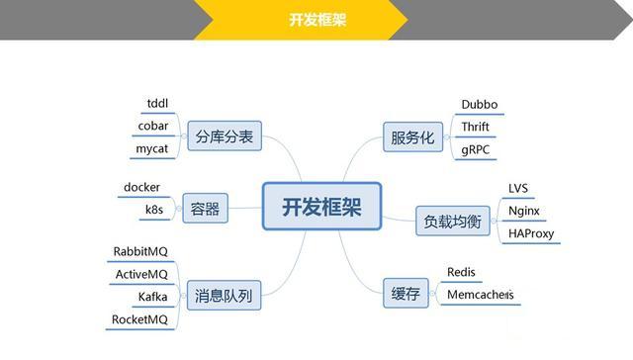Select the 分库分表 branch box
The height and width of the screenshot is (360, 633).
click(224, 137)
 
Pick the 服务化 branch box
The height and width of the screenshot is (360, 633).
click(411, 137)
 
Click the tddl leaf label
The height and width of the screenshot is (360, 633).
click(157, 104)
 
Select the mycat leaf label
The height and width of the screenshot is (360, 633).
click(155, 149)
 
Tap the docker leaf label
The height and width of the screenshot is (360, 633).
click(141, 187)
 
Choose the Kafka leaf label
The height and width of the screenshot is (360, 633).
click(153, 297)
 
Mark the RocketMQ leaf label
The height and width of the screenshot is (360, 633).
click(140, 319)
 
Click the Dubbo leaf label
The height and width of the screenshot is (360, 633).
click(482, 104)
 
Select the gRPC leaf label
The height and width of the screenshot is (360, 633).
click(476, 149)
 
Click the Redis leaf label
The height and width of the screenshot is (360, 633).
click(462, 271)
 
